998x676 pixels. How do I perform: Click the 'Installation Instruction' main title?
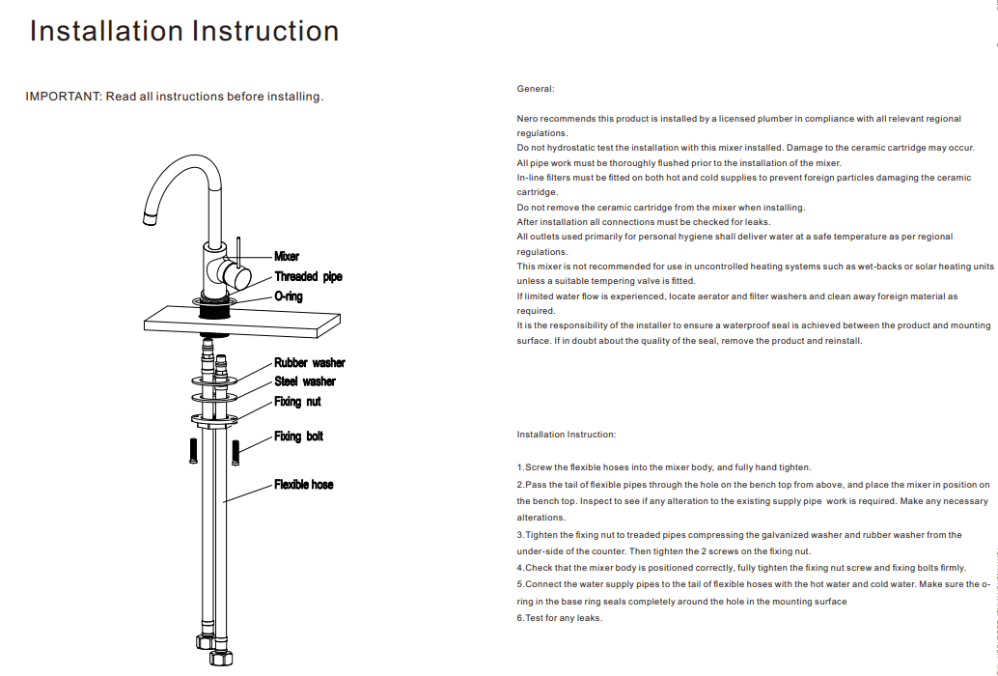click(x=184, y=31)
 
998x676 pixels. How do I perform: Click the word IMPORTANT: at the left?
click(x=63, y=97)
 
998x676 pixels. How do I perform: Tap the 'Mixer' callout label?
click(x=287, y=257)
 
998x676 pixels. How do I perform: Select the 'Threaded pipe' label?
click(x=308, y=277)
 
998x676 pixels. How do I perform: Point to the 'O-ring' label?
click(x=289, y=296)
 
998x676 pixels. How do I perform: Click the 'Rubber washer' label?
click(x=309, y=363)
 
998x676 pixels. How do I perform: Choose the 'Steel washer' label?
click(x=305, y=381)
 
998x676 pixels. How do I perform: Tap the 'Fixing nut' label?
click(x=297, y=401)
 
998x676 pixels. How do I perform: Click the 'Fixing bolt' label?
click(x=298, y=437)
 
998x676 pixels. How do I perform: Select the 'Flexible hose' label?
click(x=303, y=485)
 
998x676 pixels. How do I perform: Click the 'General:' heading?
click(x=536, y=89)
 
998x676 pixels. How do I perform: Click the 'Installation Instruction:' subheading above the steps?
click(x=566, y=435)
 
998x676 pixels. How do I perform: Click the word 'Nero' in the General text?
click(x=527, y=119)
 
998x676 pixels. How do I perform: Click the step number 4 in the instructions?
click(x=519, y=568)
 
